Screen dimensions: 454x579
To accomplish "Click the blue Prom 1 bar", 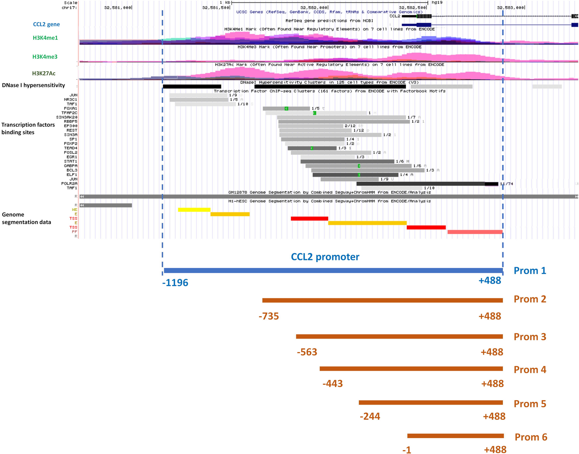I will click(x=333, y=270).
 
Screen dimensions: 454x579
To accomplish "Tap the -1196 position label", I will click(x=175, y=283).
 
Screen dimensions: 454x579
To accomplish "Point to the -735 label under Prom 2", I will click(x=269, y=316).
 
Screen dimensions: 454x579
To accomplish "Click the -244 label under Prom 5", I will click(x=370, y=416).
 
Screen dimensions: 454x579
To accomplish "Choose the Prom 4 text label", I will click(x=530, y=370).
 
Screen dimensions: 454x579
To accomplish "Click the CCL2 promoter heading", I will click(x=325, y=257).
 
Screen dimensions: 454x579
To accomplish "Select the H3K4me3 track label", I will click(x=45, y=57).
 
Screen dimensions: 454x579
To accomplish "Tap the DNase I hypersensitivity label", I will click(x=33, y=85).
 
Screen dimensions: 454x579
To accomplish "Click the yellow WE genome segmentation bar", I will click(x=194, y=210).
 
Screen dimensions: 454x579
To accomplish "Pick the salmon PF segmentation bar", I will click(x=475, y=232).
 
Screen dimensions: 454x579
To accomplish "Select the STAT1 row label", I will click(x=70, y=161).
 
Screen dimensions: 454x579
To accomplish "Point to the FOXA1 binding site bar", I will click(x=286, y=109).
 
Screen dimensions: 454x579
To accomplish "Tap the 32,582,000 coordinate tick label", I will click(x=314, y=8).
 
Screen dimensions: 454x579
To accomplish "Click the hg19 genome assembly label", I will click(x=437, y=3).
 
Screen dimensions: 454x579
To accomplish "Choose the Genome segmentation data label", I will click(x=26, y=218).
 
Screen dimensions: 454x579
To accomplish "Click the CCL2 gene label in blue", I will click(x=46, y=24).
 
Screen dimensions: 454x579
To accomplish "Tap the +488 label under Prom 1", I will click(x=490, y=281).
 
